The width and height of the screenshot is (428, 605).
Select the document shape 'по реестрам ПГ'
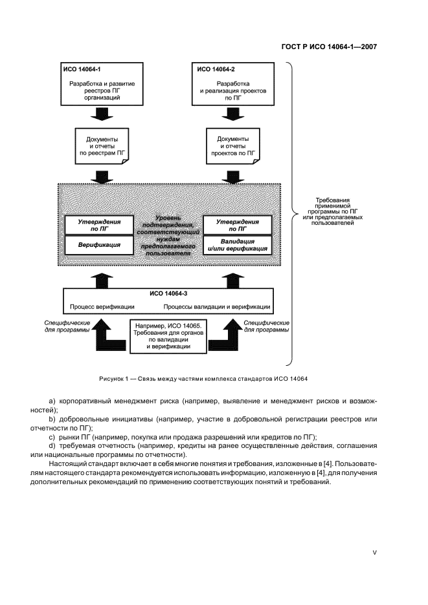101,147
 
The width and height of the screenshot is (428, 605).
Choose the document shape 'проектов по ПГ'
234,147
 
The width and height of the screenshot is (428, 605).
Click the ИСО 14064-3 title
168,293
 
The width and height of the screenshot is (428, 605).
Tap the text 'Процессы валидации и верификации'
217,306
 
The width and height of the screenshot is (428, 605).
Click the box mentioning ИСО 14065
168,335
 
